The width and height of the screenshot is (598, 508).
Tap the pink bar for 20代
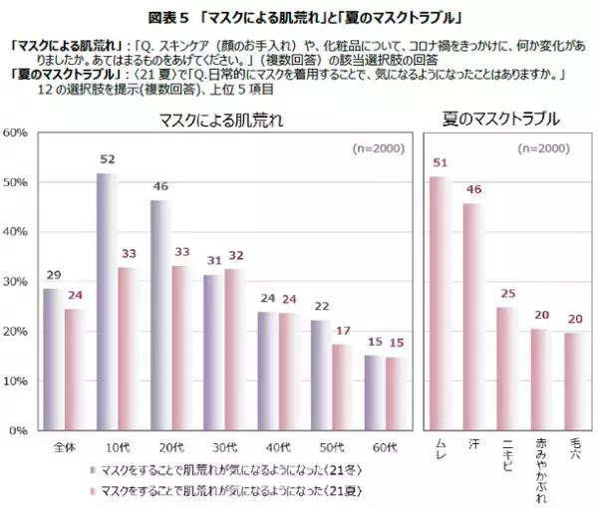[x=180, y=348]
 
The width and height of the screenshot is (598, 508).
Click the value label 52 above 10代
[x=107, y=159]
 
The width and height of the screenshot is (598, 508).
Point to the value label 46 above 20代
[x=159, y=187]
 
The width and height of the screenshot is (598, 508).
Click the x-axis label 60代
[x=386, y=444]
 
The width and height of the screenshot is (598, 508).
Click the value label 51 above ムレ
[x=439, y=162]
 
